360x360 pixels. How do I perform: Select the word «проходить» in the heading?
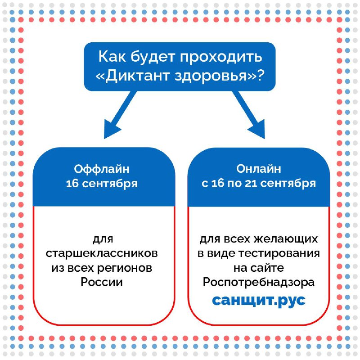point(220,57)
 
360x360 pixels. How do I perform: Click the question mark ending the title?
point(261,75)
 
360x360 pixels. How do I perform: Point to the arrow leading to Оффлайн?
point(120,115)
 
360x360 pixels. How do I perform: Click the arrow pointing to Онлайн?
point(249,115)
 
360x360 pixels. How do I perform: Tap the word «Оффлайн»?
point(102,169)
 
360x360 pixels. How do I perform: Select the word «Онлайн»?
point(259,169)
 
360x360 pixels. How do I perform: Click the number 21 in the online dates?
point(251,183)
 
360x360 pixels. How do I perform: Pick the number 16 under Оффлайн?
point(72,184)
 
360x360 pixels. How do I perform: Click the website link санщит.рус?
point(259,300)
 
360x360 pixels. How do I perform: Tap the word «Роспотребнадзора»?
point(259,282)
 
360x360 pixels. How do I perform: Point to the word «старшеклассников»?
point(102,253)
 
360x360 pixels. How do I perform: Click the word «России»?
point(102,282)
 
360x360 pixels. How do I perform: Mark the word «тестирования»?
point(279,253)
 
